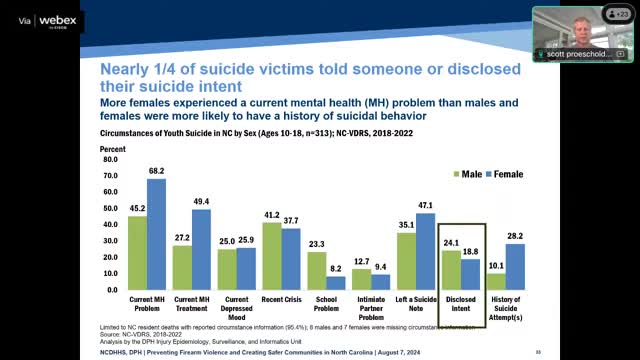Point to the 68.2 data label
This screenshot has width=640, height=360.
[x=157, y=171]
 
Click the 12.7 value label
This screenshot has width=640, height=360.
[x=362, y=261]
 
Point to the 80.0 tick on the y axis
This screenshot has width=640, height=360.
[x=110, y=159]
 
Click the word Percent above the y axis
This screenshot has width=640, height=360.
[x=111, y=148]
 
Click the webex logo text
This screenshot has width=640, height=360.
[x=58, y=17]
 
